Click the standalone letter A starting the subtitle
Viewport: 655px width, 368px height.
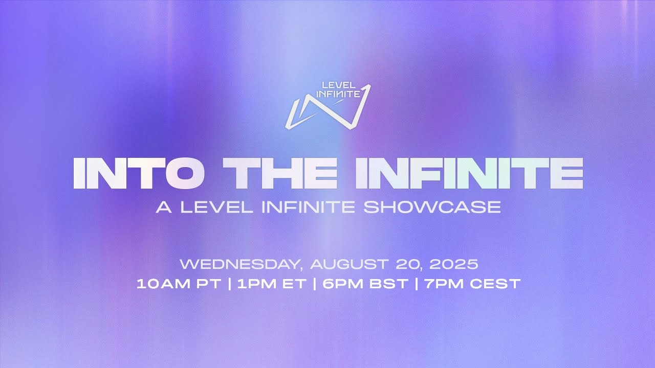(x=163, y=207)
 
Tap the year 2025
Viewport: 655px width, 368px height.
(x=454, y=265)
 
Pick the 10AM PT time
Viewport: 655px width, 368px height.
(x=179, y=284)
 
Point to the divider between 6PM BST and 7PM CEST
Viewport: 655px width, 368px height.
(x=418, y=284)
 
